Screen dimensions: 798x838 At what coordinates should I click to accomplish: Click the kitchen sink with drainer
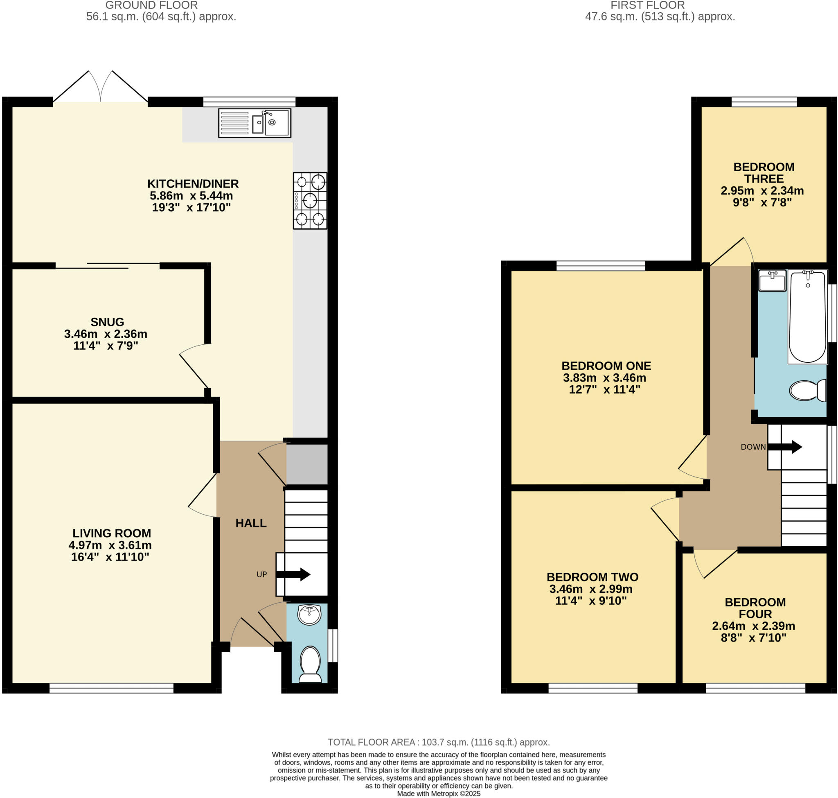tap(254, 122)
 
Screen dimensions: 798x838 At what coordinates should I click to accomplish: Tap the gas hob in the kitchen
tap(309, 200)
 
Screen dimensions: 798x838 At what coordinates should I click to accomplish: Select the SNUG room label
tap(107, 321)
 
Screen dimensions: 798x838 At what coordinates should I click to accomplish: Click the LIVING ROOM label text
tap(111, 533)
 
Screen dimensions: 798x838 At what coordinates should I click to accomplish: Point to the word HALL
tap(251, 523)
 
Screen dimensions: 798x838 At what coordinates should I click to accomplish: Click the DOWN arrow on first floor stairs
tap(784, 447)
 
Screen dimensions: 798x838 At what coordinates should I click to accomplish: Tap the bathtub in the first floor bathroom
tap(807, 316)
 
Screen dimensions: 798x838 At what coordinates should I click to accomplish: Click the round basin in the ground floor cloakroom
tap(309, 615)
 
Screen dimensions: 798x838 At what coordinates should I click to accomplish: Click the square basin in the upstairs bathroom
tap(772, 280)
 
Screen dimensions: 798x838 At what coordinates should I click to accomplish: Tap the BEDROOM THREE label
tap(764, 173)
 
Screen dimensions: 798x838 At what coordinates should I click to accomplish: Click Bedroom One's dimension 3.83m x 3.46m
tap(605, 378)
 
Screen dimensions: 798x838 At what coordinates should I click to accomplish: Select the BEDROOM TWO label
tap(592, 577)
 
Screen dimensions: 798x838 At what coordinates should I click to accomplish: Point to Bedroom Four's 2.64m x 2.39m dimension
tap(753, 626)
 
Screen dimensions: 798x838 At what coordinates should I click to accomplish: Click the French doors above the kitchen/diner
tap(100, 87)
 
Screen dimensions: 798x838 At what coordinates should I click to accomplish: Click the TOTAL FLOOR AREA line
tap(438, 742)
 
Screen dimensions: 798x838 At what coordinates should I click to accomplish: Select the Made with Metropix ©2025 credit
tap(438, 793)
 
